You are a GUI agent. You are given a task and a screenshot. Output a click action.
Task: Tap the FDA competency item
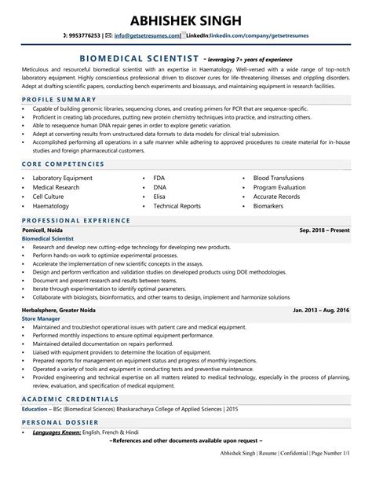[160, 178]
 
